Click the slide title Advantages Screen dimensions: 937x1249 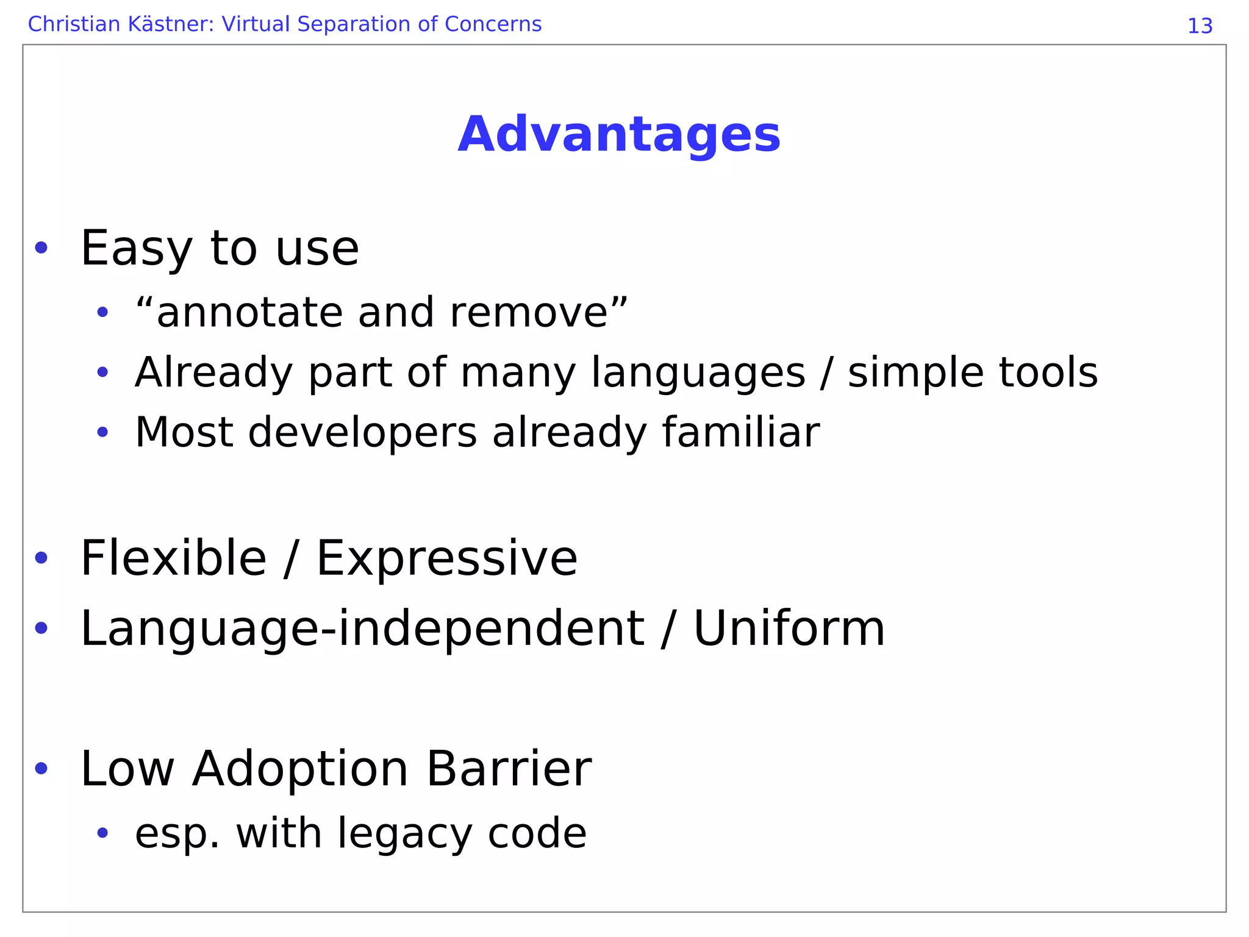pos(618,134)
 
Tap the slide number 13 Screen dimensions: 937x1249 pos(1200,26)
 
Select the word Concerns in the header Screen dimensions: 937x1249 pos(493,24)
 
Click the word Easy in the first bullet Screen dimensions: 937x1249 pos(137,249)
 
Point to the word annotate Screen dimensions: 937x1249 pos(250,313)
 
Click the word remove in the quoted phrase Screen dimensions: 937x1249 pos(529,313)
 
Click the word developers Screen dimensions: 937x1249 pos(362,433)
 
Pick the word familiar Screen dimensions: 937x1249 pos(740,432)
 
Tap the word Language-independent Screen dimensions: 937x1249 pos(362,629)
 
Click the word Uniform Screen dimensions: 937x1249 pos(789,629)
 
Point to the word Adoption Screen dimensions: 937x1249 pos(300,769)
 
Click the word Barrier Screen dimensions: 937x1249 pos(509,769)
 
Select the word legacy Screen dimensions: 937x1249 pos(404,834)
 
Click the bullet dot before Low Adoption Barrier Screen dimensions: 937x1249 pos(41,769)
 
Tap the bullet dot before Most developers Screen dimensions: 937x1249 pos(102,433)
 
